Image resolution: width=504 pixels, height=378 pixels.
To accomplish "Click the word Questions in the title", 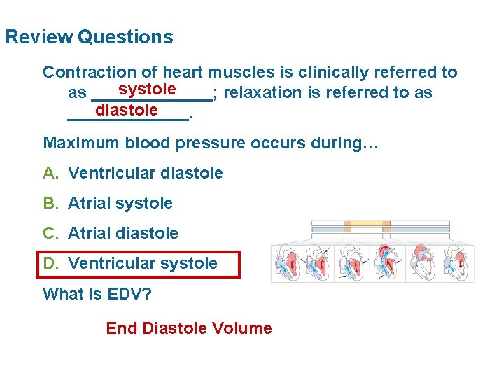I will pos(125,36).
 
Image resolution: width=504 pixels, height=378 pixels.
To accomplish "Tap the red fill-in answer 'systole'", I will pos(147,89).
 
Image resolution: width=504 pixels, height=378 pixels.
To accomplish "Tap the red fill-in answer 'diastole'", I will pos(127,110).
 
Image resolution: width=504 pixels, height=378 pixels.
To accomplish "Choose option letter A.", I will pos(50,173).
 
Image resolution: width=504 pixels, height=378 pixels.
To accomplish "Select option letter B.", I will pos(50,203).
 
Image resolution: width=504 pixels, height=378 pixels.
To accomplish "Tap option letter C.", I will pos(50,233).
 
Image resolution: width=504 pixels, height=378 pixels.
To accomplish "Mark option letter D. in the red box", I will pos(50,263).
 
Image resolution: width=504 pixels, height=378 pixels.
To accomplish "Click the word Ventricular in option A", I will pos(111,173).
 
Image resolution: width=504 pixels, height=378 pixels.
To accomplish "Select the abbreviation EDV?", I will pos(128,293).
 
